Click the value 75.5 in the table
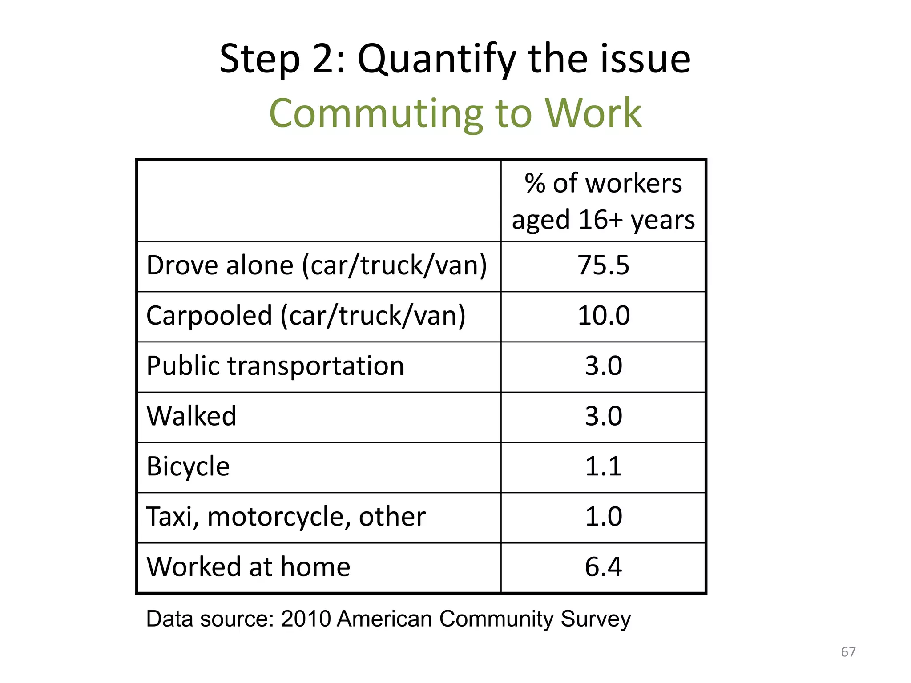click(x=603, y=265)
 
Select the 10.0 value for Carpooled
click(x=603, y=316)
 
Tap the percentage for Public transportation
click(x=603, y=366)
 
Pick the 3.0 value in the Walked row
click(x=603, y=416)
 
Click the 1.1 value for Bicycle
click(x=603, y=466)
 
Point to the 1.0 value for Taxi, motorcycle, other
click(x=603, y=517)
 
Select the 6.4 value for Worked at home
click(x=603, y=567)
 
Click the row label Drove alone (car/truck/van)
click(x=317, y=265)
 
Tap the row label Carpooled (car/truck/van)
click(x=306, y=316)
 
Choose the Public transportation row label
click(x=275, y=366)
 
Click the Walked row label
click(x=191, y=416)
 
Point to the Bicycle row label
click(x=188, y=466)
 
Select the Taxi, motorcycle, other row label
click(x=286, y=517)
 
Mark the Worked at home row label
click(x=248, y=567)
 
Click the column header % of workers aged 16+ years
click(x=603, y=201)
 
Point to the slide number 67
click(x=848, y=652)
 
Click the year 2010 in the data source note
click(x=306, y=619)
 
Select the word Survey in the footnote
click(x=596, y=619)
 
